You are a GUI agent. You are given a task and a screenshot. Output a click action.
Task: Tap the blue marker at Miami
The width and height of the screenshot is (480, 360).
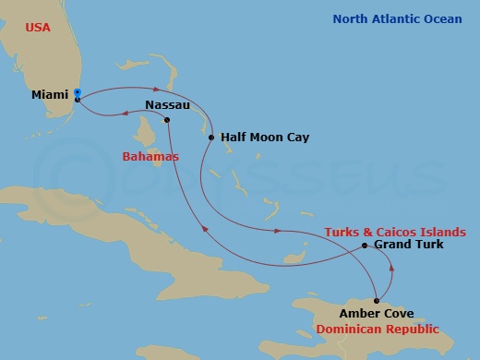[x=78, y=92]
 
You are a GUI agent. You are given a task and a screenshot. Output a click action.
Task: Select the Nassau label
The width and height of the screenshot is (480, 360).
[x=168, y=105]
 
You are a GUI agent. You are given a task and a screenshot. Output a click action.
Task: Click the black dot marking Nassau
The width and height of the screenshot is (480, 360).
[x=167, y=120]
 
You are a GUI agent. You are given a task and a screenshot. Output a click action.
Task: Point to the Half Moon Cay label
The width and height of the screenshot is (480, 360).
[x=265, y=138]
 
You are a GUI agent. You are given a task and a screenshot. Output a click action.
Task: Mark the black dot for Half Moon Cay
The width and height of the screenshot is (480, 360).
[x=211, y=138]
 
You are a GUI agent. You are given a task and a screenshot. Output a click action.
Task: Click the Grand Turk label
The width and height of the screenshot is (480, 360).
[x=408, y=245]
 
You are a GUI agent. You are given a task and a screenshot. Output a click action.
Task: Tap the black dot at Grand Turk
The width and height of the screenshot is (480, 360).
[x=365, y=246]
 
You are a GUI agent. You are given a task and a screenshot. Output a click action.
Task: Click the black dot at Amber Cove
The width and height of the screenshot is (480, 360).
[x=377, y=301]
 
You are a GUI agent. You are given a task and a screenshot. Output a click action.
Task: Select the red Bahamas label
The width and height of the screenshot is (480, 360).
[x=150, y=157]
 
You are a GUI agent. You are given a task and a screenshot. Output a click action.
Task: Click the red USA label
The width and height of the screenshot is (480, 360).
[x=37, y=28]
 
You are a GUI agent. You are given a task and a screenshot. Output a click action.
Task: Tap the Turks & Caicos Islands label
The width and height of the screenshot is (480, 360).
[x=394, y=231]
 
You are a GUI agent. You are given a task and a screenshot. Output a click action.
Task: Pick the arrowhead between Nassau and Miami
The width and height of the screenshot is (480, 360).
[x=123, y=114]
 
